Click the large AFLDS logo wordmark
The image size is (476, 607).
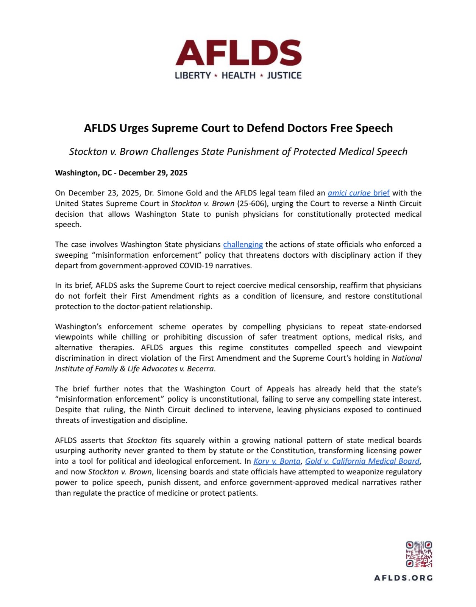click(x=238, y=53)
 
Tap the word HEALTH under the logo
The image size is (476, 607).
click(x=239, y=75)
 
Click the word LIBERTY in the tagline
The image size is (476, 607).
click(x=193, y=75)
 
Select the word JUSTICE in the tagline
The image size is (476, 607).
click(x=284, y=75)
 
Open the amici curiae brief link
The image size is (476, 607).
click(x=359, y=193)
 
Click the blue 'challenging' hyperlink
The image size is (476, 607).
click(x=243, y=244)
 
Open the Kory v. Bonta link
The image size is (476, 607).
click(x=277, y=461)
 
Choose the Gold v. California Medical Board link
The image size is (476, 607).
click(x=362, y=461)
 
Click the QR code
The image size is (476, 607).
click(x=419, y=554)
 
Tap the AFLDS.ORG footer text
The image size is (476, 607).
click(x=403, y=578)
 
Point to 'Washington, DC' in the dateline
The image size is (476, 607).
click(x=83, y=173)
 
